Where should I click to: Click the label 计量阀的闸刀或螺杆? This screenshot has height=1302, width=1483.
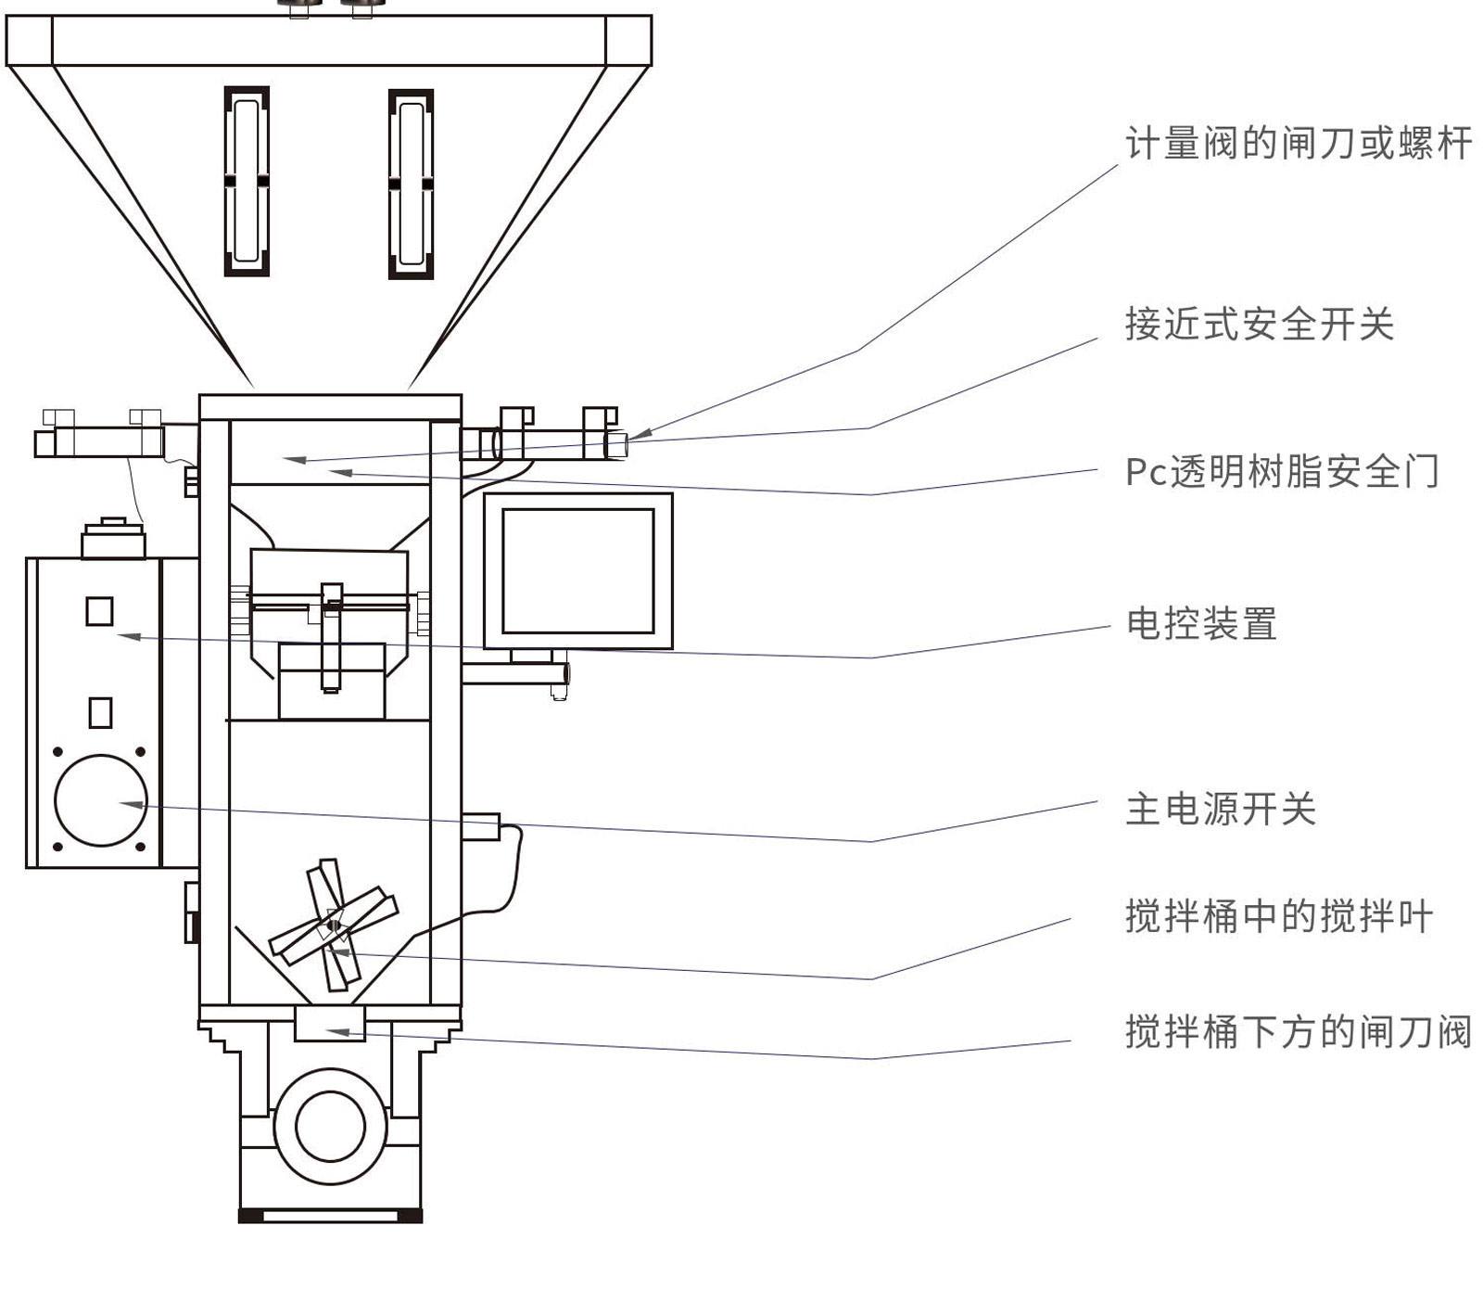click(1298, 144)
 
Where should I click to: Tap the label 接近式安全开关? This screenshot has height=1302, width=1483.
click(1259, 325)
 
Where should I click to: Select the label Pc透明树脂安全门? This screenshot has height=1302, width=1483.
click(1282, 472)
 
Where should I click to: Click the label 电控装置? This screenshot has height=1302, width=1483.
click(1201, 624)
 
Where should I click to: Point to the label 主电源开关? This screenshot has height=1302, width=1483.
click(1221, 809)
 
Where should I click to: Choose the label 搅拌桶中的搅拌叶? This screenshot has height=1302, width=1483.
click(1279, 916)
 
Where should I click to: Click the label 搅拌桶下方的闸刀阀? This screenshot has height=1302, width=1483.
click(1298, 1031)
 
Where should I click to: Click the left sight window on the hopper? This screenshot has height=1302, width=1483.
click(247, 182)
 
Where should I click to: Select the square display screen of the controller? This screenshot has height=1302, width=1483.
click(577, 570)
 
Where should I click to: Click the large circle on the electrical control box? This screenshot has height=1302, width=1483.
click(100, 800)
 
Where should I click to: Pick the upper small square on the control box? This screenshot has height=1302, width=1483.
click(99, 611)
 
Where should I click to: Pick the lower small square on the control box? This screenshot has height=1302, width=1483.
click(100, 712)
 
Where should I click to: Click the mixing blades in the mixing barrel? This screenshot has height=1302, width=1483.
click(333, 925)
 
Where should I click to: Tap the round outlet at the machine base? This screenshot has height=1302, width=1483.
click(329, 1126)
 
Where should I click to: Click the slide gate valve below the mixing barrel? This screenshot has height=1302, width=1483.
click(329, 1026)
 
